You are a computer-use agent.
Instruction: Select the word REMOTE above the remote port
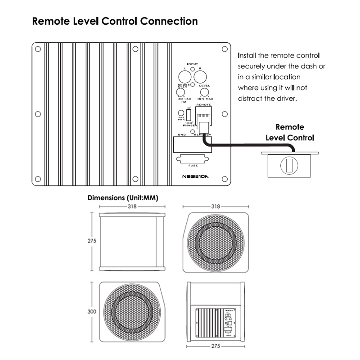[204, 104]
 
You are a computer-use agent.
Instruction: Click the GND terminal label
[182, 135]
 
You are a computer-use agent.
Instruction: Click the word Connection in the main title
[169, 21]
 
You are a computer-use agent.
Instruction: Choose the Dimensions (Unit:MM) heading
[123, 198]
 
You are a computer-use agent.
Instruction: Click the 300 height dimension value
[92, 311]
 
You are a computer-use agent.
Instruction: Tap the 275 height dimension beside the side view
[92, 241]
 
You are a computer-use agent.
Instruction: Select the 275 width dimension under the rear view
[216, 346]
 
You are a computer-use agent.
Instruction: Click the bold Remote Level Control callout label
[289, 133]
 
